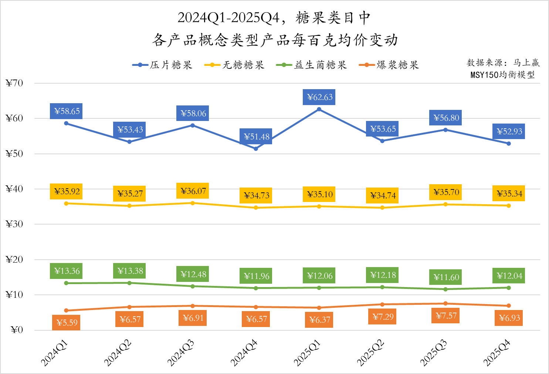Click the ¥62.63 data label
pyautogui.click(x=319, y=97)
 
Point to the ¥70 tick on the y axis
pyautogui.click(x=14, y=83)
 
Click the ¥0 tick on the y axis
pyautogui.click(x=17, y=330)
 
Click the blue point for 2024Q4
pyautogui.click(x=256, y=149)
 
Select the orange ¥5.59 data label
pyautogui.click(x=66, y=323)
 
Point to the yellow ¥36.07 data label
pyautogui.click(x=193, y=191)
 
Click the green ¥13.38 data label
pyautogui.click(x=129, y=271)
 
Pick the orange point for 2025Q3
pyautogui.click(x=445, y=303)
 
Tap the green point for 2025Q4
pyautogui.click(x=509, y=288)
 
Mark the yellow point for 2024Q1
pyautogui.click(x=66, y=203)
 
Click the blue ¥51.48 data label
pyautogui.click(x=256, y=137)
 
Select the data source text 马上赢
pyautogui.click(x=526, y=63)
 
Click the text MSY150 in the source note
pyautogui.click(x=484, y=75)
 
